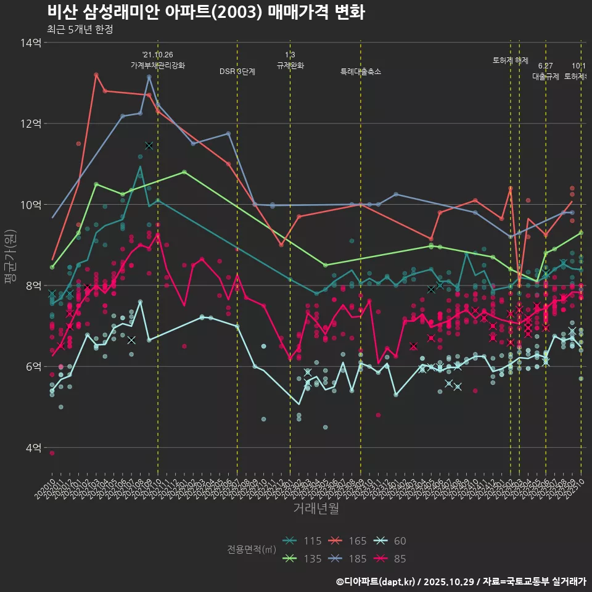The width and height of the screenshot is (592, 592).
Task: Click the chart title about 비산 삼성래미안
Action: coord(205,12)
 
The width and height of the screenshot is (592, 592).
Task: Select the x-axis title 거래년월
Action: coord(315,509)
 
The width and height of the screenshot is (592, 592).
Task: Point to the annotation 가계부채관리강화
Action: coord(157,65)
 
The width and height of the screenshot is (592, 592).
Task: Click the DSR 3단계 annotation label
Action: coord(237,72)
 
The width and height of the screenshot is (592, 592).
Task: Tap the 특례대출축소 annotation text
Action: coord(361,72)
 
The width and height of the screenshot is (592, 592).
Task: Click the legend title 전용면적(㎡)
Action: coord(251,549)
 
